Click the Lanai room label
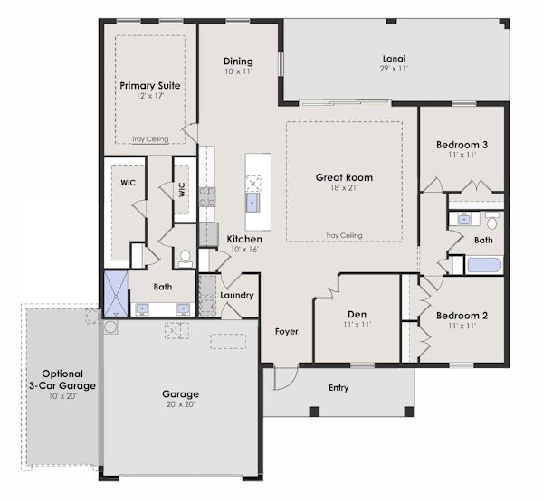click(x=394, y=59)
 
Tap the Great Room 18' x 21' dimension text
click(x=344, y=188)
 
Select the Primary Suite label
click(x=150, y=86)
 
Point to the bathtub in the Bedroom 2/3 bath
click(x=484, y=265)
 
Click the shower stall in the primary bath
click(x=116, y=294)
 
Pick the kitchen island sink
click(x=252, y=203)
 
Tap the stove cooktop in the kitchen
click(x=207, y=197)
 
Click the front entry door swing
click(x=286, y=377)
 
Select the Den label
click(x=357, y=315)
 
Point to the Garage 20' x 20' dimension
click(x=181, y=404)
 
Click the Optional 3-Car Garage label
click(x=62, y=380)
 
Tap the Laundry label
click(x=237, y=295)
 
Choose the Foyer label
click(x=286, y=332)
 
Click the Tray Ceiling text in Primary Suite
click(x=150, y=139)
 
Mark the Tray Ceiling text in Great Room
click(x=344, y=235)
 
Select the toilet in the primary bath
click(x=186, y=259)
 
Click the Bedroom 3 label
click(x=462, y=145)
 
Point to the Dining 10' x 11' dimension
click(x=238, y=71)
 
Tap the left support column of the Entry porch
click(x=314, y=412)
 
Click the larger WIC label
click(x=128, y=183)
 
